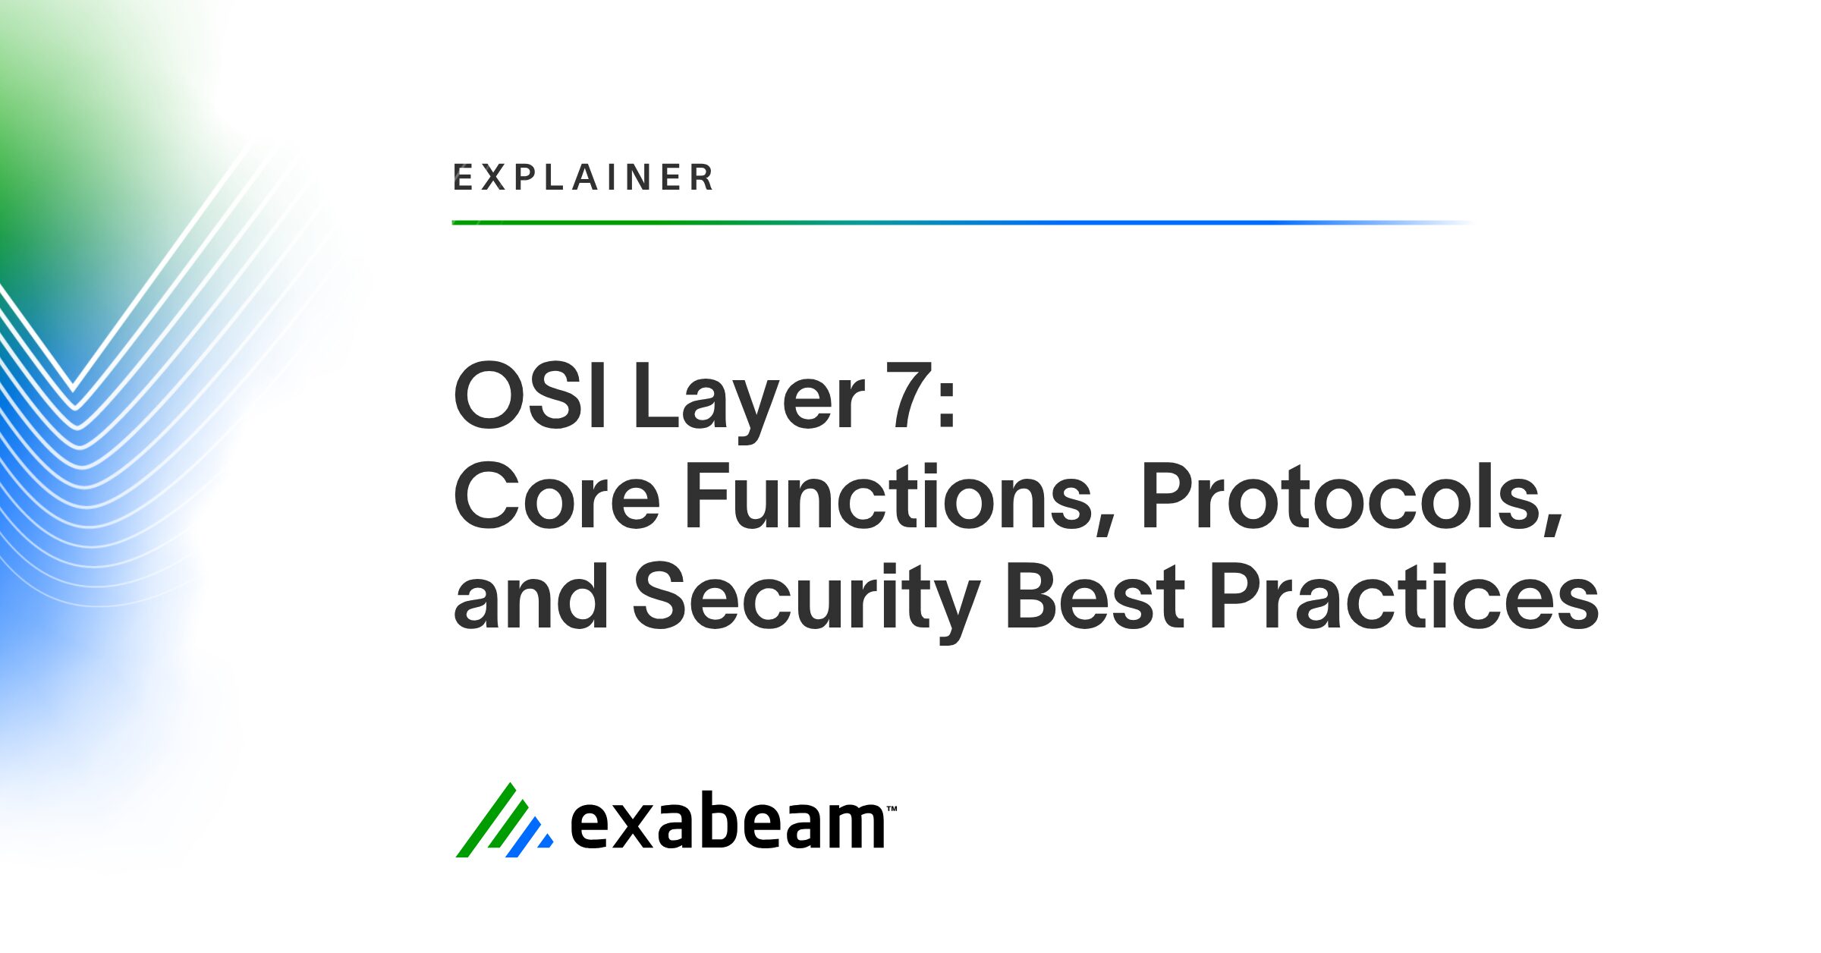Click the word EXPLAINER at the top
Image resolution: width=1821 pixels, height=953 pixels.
click(x=583, y=178)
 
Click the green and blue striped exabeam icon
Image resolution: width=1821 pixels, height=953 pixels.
click(x=503, y=822)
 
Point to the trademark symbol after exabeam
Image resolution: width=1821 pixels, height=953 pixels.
click(x=892, y=809)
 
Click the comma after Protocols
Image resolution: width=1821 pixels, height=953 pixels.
click(x=1552, y=524)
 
